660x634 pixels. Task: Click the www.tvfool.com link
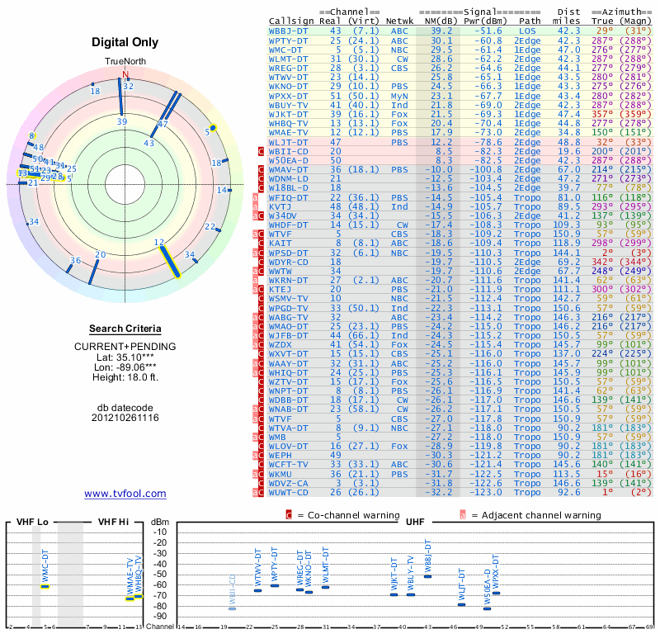tap(125, 494)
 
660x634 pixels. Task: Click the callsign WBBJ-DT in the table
tap(290, 30)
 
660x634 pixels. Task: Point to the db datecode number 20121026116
tap(125, 418)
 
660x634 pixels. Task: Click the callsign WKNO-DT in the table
tap(290, 85)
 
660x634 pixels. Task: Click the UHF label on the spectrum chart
tap(415, 523)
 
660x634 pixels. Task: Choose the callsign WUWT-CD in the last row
tap(290, 492)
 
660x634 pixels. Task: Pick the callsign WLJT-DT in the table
tap(290, 141)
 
